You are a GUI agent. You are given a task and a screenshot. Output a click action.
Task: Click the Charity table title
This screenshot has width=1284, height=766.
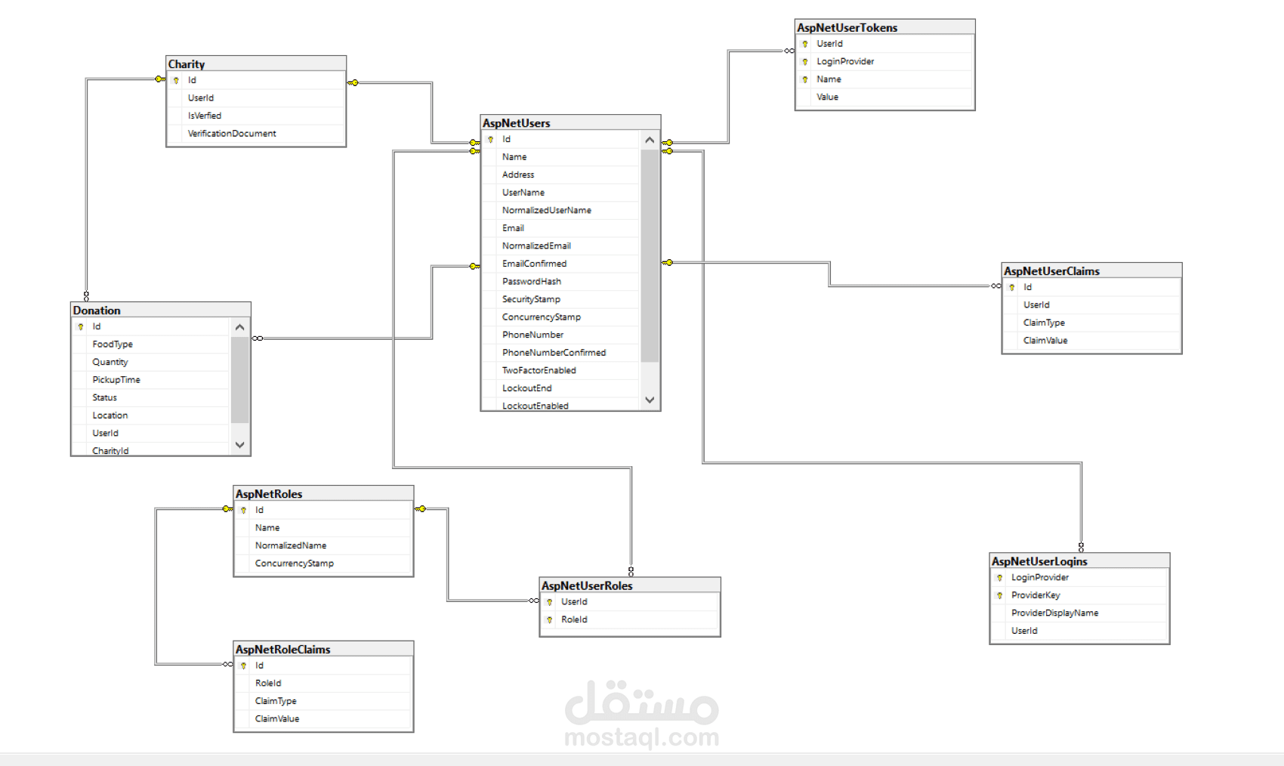pyautogui.click(x=187, y=63)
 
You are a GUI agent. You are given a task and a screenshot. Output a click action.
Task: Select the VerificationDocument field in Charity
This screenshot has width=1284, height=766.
pyautogui.click(x=232, y=134)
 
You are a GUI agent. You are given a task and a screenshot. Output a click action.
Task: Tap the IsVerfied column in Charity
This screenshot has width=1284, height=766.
pyautogui.click(x=204, y=116)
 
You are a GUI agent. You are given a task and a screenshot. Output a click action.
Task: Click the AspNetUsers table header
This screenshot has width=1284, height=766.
pyautogui.click(x=516, y=122)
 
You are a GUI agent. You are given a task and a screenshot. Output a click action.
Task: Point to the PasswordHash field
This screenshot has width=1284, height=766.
pyautogui.click(x=532, y=282)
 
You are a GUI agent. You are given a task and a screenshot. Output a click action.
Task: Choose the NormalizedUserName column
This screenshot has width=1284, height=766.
pyautogui.click(x=546, y=211)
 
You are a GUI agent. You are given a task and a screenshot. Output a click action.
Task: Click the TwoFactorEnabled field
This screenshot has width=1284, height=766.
pyautogui.click(x=539, y=370)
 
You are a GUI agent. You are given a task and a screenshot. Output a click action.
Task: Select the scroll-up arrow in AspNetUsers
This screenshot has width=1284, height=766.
pyautogui.click(x=650, y=140)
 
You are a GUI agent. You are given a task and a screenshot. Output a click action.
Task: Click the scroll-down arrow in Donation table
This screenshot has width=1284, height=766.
pyautogui.click(x=239, y=445)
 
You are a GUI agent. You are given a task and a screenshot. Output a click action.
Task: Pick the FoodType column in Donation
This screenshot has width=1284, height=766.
pyautogui.click(x=113, y=344)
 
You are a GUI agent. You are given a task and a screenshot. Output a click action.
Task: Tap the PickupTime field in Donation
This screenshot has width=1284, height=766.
pyautogui.click(x=116, y=379)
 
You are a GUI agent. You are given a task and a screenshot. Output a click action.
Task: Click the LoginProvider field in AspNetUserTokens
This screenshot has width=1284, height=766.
pyautogui.click(x=845, y=61)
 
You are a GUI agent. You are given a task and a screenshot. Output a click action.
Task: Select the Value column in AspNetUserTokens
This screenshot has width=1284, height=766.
pyautogui.click(x=827, y=97)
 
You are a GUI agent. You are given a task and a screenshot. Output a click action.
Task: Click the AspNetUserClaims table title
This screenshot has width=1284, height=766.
pyautogui.click(x=1051, y=270)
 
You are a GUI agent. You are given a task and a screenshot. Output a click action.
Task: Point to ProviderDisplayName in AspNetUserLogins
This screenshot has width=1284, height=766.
pyautogui.click(x=1054, y=613)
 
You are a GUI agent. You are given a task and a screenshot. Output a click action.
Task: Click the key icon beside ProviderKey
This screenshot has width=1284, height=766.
pyautogui.click(x=1000, y=596)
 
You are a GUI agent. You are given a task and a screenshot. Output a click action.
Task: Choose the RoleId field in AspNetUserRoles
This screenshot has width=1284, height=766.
pyautogui.click(x=574, y=619)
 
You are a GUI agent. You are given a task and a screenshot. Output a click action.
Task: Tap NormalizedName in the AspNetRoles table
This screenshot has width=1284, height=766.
pyautogui.click(x=291, y=546)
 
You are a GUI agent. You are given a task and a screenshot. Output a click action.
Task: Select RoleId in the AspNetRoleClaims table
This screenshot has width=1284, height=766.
pyautogui.click(x=267, y=684)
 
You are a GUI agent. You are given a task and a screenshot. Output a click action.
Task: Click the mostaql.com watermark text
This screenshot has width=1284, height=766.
pyautogui.click(x=641, y=737)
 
